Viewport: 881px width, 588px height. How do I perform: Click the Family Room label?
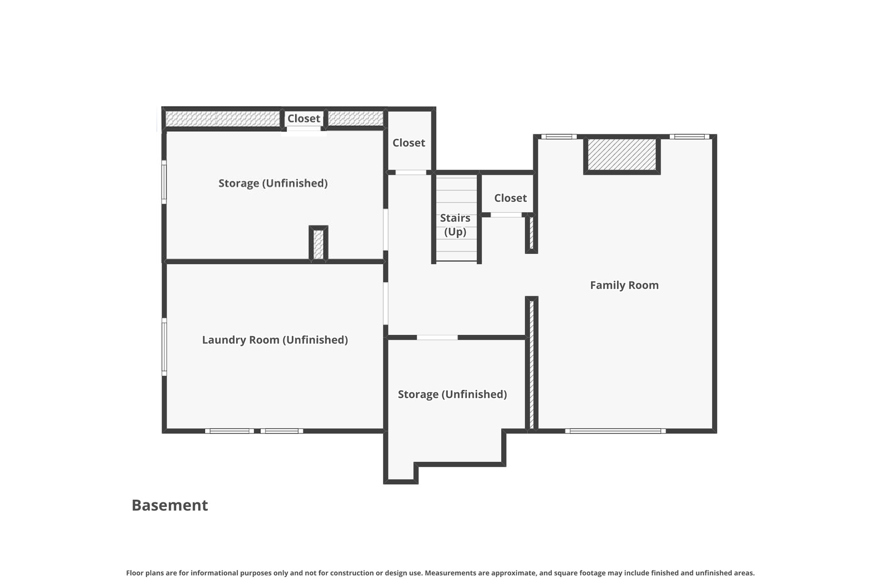click(624, 285)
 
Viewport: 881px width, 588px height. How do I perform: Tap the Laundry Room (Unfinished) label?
click(275, 340)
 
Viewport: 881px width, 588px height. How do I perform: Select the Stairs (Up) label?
click(455, 225)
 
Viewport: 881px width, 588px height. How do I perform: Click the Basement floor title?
click(170, 505)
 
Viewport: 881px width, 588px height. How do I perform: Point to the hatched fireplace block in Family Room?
click(622, 155)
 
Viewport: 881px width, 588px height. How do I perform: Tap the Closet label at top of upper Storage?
click(304, 118)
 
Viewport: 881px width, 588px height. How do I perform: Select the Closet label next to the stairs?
click(510, 198)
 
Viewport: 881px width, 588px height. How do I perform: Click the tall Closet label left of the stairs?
click(409, 143)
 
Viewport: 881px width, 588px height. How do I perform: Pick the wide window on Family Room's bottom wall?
click(615, 431)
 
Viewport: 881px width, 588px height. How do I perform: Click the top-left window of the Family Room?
click(559, 137)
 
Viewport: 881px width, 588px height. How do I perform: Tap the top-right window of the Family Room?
click(689, 137)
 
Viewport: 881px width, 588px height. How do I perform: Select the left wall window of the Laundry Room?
click(164, 347)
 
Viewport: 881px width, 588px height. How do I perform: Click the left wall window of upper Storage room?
click(164, 182)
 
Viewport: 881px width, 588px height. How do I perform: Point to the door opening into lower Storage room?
click(437, 338)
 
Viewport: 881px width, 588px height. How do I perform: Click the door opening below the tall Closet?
click(411, 173)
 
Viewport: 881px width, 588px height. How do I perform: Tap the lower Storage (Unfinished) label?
click(452, 394)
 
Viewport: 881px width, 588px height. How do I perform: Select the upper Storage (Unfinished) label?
click(273, 183)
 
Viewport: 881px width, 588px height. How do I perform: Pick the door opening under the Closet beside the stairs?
click(506, 215)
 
